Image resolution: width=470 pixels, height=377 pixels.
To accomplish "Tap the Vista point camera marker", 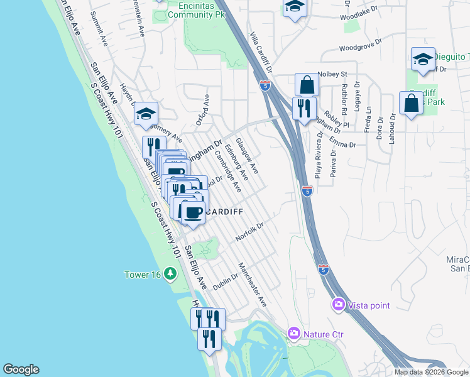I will click(x=339, y=305).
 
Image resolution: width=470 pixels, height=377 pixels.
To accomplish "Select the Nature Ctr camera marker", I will click(x=293, y=332).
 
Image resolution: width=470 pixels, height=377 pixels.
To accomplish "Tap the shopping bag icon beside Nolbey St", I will click(x=307, y=85).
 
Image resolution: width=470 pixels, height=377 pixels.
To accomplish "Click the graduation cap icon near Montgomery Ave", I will click(x=146, y=113).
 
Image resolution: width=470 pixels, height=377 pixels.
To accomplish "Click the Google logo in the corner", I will click(x=21, y=369).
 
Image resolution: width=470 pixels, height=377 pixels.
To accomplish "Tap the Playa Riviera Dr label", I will click(x=319, y=160).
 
